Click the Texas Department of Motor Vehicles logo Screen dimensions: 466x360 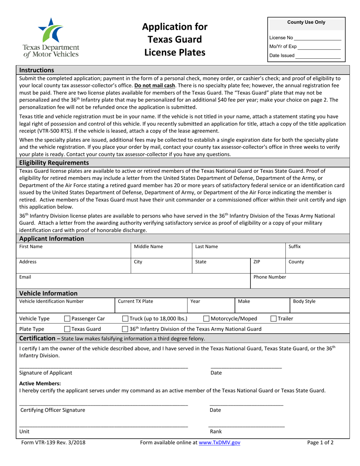[51, 37]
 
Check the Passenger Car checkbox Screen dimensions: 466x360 [67, 319]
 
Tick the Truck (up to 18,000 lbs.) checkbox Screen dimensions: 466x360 [125, 319]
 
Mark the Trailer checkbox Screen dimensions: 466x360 [273, 319]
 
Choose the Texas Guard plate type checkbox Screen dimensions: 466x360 [67, 329]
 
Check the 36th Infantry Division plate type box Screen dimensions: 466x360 [125, 329]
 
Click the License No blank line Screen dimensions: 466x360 [318, 38]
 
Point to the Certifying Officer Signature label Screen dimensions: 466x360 [53, 410]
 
